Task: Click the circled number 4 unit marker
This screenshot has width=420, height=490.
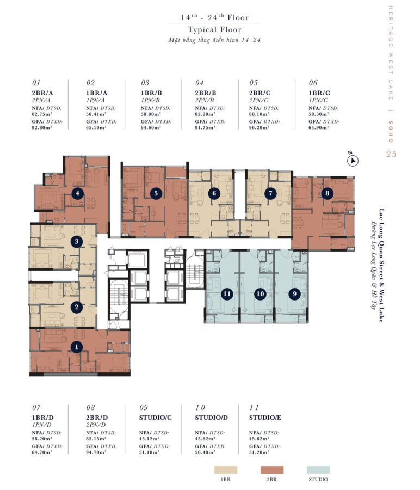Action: (x=77, y=193)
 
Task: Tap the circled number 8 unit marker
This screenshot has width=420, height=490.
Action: (x=327, y=193)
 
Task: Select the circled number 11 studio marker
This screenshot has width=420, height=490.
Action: (x=227, y=294)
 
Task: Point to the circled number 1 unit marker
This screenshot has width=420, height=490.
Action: (x=77, y=347)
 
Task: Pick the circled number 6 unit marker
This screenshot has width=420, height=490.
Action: (x=214, y=193)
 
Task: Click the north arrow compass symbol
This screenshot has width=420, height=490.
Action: (x=353, y=160)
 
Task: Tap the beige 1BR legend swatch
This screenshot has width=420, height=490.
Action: (x=225, y=470)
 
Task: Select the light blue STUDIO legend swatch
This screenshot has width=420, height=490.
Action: (x=318, y=470)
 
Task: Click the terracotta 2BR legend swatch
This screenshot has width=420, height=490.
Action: (x=272, y=470)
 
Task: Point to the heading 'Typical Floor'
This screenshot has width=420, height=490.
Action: (x=214, y=30)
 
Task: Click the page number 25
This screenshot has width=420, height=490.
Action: (x=391, y=154)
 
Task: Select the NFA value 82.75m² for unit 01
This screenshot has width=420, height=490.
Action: (x=42, y=114)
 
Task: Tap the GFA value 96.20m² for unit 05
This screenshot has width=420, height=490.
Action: (x=259, y=127)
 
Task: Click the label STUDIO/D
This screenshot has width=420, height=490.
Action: (x=212, y=418)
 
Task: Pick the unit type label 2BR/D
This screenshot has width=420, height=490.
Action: (x=97, y=418)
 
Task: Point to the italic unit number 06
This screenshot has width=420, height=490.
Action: (x=313, y=83)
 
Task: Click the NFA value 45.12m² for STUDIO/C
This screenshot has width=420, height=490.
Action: (x=149, y=439)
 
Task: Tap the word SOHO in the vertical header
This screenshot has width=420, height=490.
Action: (x=391, y=132)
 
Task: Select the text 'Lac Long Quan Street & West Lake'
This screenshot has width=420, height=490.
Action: (x=381, y=265)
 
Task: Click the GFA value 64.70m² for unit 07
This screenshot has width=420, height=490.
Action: (x=42, y=452)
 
